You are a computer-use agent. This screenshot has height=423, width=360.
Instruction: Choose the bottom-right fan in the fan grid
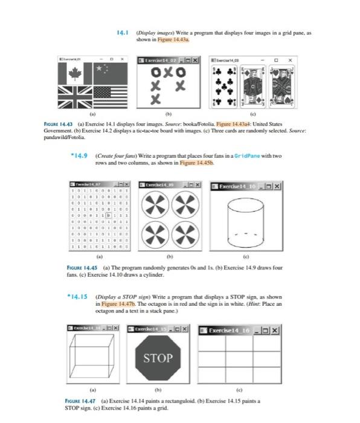(184, 234)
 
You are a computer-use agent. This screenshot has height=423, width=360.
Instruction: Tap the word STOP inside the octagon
(158, 358)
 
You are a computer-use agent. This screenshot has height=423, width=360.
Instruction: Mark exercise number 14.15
(77, 298)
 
